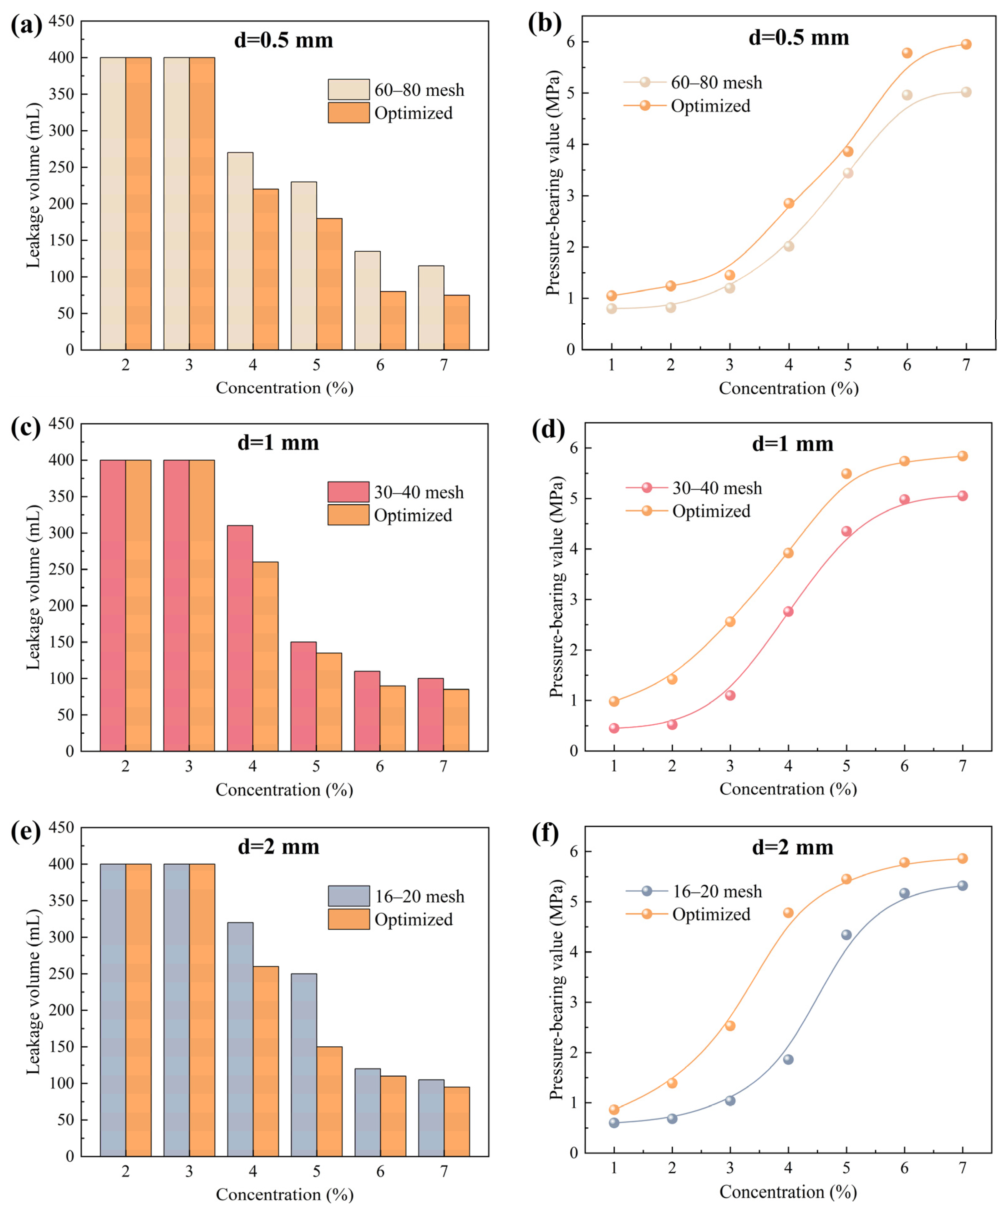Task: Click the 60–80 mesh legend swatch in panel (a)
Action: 348,89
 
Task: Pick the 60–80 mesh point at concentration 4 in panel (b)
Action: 789,246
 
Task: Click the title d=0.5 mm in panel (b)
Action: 799,38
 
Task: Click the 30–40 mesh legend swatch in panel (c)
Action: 348,492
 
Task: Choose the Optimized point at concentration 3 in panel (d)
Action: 730,621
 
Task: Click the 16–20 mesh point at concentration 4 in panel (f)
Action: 788,1059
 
